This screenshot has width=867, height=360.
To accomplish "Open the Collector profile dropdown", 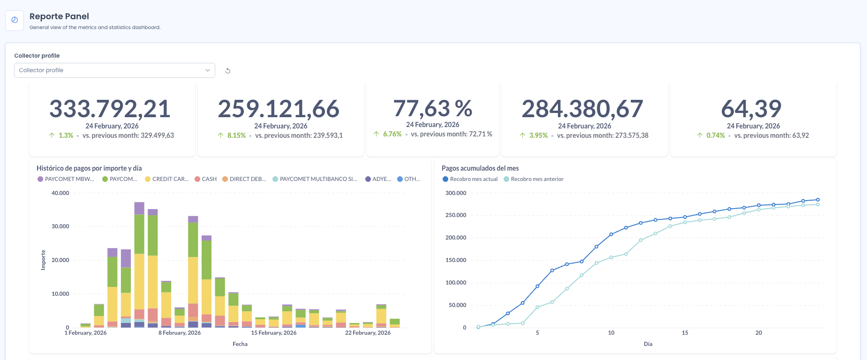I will coord(114,70).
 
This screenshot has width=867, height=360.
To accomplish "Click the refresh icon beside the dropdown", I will coord(228,71).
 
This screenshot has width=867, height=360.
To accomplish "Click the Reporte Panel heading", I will coord(59,16).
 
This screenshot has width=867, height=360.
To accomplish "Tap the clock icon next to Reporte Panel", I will coord(15,20).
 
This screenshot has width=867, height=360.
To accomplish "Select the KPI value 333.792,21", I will coord(110,109).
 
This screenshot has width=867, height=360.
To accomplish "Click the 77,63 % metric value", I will coord(433,108).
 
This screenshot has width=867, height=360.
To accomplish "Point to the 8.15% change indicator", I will coord(236,135).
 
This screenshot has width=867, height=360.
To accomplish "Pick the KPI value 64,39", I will coord(751,109).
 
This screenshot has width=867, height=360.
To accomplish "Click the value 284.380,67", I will coord(582,109).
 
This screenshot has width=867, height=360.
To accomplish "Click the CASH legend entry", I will coord(206,179).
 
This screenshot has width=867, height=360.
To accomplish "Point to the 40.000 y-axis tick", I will coord(60,193).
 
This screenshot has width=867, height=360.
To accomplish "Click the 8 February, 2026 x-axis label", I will coord(180,333).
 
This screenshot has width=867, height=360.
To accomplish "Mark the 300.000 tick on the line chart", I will coord(456,193).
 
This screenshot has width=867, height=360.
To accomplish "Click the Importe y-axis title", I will coord(43,260).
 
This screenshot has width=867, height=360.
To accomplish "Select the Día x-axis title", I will coord(648,344).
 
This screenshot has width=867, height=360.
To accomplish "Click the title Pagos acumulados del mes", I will coord(480,168).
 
